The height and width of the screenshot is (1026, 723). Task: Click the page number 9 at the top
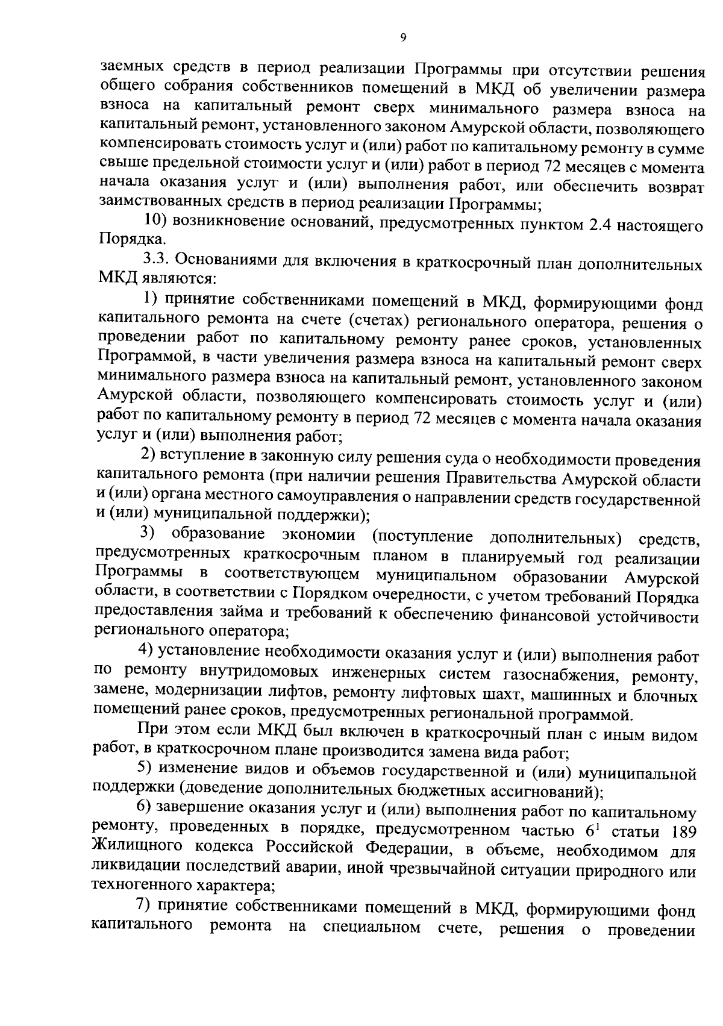click(403, 37)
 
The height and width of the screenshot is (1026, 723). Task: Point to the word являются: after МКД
click(175, 279)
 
